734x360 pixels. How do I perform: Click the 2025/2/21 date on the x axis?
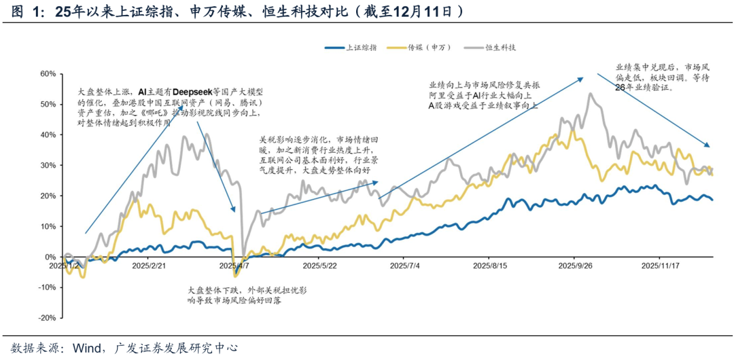point(149,266)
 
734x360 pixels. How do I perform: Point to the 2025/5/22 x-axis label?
point(320,266)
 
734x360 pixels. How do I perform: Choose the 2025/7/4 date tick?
point(404,266)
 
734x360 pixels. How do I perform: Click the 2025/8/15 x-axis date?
point(490,266)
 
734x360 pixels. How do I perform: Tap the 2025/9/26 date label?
point(576,266)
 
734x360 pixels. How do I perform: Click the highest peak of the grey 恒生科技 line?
point(591,94)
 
